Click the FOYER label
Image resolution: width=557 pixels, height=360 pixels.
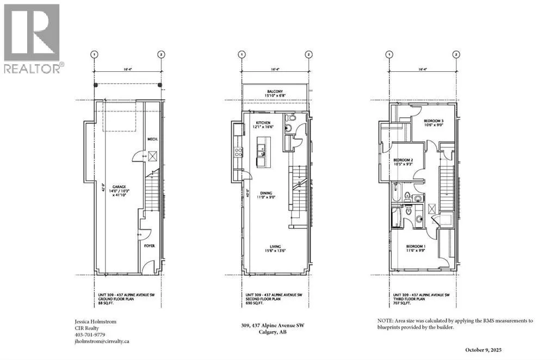tap(150, 246)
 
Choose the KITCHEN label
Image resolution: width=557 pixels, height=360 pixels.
tap(263, 123)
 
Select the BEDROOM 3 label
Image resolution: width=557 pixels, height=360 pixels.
tap(435, 121)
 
